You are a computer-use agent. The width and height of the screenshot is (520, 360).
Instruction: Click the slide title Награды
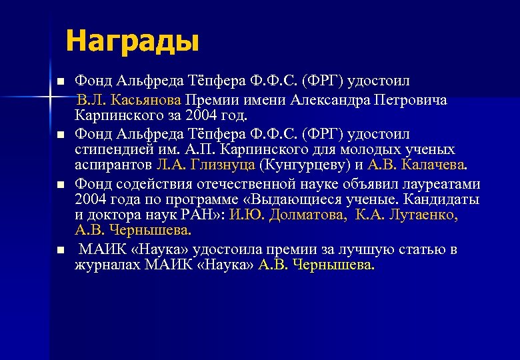132,41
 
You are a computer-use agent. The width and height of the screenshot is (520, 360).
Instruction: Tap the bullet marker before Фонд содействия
59,183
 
